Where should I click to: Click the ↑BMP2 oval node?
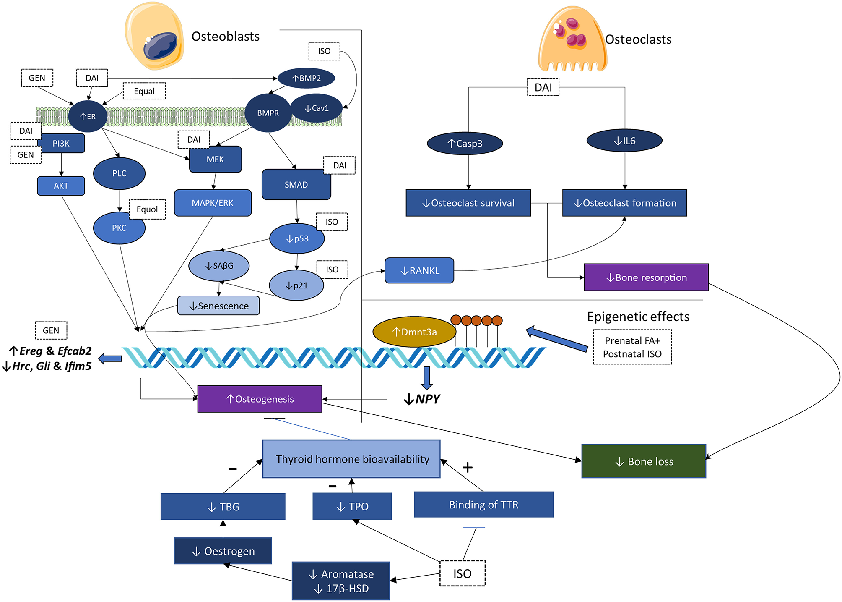point(306,78)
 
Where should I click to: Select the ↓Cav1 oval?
point(317,108)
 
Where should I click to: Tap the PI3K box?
point(62,144)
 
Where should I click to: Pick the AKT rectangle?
point(61,186)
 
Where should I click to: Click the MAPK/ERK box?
point(213,203)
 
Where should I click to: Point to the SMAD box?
point(296,185)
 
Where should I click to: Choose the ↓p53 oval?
point(297,238)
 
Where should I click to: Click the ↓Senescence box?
point(218,306)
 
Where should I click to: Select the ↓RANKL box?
point(419,271)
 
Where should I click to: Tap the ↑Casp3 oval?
point(465,144)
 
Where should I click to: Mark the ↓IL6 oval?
point(624,141)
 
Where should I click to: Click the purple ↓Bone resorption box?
point(646,277)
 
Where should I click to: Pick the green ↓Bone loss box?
point(644,461)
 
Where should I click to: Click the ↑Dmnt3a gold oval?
point(414,332)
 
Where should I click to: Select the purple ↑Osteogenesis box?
point(260,399)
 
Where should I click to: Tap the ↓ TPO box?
point(352,506)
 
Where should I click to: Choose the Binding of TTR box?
point(483,505)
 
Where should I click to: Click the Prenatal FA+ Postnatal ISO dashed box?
point(632,347)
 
